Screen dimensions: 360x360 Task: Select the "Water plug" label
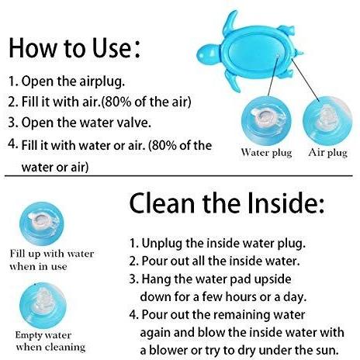[266, 153]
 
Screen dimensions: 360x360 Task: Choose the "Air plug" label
[327, 153]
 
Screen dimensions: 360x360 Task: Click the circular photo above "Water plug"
[266, 120]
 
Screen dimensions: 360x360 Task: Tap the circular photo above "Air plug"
[327, 120]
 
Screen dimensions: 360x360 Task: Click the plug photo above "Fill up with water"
[42, 223]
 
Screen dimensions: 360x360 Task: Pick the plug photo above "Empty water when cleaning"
[43, 306]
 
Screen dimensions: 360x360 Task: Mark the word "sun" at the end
[328, 351]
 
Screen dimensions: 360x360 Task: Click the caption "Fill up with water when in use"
[52, 260]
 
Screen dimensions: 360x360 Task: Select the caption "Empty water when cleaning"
[50, 341]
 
